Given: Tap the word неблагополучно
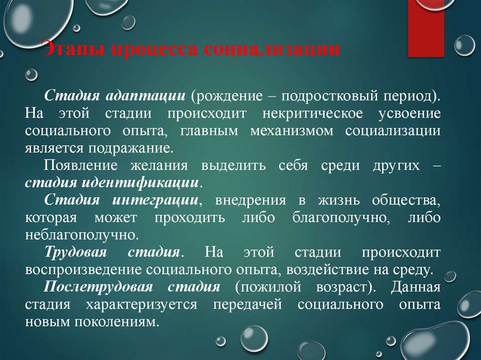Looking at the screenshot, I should pos(82,235).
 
